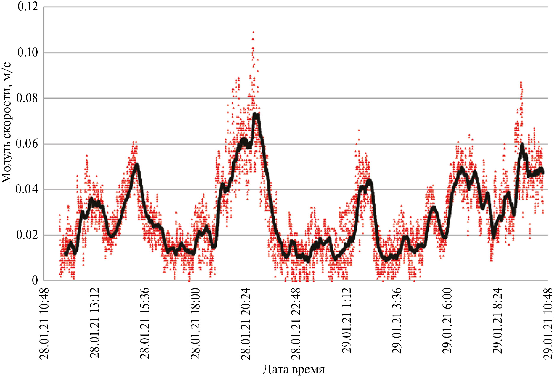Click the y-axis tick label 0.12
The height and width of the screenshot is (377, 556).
click(28, 7)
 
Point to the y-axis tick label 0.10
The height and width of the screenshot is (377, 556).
click(28, 52)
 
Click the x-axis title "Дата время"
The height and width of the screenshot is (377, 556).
click(294, 369)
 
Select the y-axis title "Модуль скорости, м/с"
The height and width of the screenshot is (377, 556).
click(7, 123)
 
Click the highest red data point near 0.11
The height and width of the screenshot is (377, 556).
click(253, 32)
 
